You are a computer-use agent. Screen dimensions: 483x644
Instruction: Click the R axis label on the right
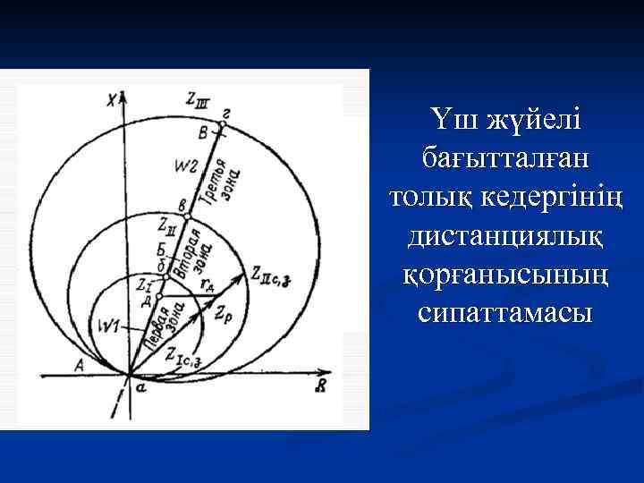click(x=320, y=386)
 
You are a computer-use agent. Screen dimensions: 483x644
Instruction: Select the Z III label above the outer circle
click(x=196, y=101)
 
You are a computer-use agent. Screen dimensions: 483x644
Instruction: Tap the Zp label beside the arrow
click(x=224, y=315)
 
